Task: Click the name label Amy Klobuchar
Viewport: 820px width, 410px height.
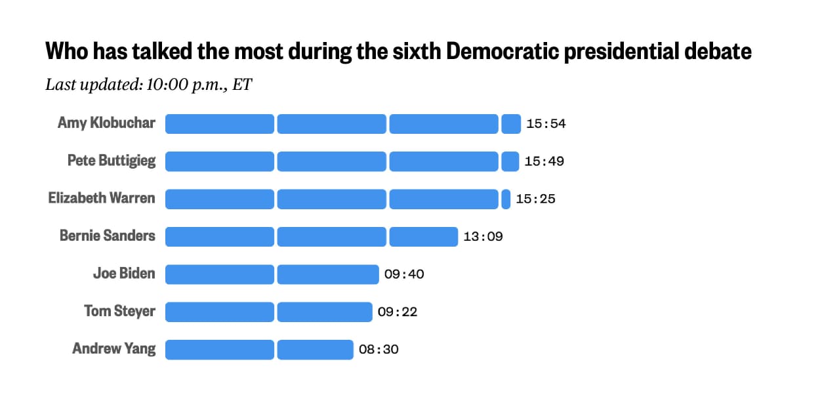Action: click(106, 123)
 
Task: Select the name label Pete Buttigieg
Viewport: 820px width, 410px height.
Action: click(112, 161)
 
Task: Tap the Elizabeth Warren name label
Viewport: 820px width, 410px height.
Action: click(102, 198)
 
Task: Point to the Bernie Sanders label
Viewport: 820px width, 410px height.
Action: click(108, 236)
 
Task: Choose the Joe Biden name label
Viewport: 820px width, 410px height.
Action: click(124, 274)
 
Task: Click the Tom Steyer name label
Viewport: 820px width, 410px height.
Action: click(119, 311)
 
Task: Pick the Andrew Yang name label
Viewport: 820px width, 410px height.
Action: click(114, 348)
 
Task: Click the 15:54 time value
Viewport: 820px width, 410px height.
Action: click(545, 124)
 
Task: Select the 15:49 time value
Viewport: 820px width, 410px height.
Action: click(544, 161)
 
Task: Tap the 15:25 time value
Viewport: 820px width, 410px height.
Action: click(535, 199)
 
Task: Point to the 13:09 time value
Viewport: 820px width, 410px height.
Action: click(483, 237)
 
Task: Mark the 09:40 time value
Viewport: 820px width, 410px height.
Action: click(404, 274)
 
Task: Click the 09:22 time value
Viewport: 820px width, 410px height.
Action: click(398, 312)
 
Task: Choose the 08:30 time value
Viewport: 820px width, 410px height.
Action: click(379, 350)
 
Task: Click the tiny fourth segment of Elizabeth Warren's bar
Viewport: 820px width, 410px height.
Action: click(506, 199)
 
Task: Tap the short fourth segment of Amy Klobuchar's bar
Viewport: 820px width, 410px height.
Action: click(511, 123)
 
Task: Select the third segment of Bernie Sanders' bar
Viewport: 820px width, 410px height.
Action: click(424, 236)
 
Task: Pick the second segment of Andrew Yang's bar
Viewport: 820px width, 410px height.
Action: click(316, 350)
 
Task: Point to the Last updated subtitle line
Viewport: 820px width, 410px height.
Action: click(148, 85)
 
